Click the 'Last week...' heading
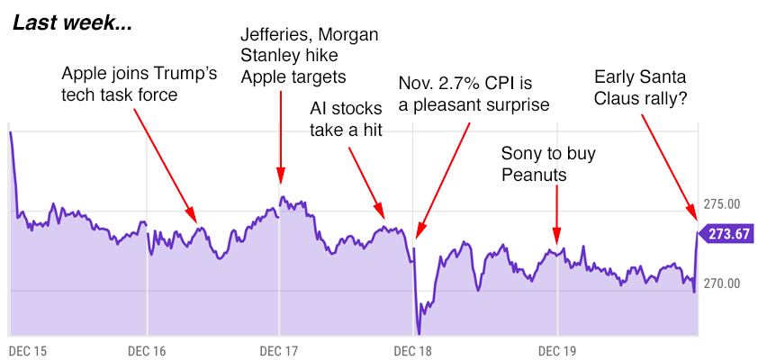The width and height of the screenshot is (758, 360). [x=72, y=23]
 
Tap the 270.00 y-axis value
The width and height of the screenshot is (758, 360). [x=721, y=283]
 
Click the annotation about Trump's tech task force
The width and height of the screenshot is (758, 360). [x=139, y=84]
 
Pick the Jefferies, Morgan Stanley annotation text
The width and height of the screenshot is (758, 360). [x=309, y=56]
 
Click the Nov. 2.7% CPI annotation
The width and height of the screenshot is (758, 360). [x=474, y=94]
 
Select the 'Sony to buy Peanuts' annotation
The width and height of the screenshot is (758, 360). [x=548, y=164]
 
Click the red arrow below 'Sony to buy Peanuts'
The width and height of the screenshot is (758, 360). [x=557, y=212]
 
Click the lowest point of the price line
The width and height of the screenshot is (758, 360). [x=419, y=332]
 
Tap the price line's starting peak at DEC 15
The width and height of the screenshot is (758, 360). [x=10, y=133]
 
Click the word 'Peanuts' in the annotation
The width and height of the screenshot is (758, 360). [x=534, y=175]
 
